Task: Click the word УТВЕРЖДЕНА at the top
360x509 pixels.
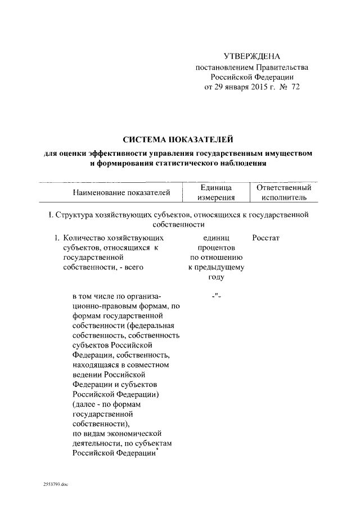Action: [251, 56]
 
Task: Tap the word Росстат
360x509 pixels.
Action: [266, 238]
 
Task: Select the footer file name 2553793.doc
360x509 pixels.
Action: [55, 484]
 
